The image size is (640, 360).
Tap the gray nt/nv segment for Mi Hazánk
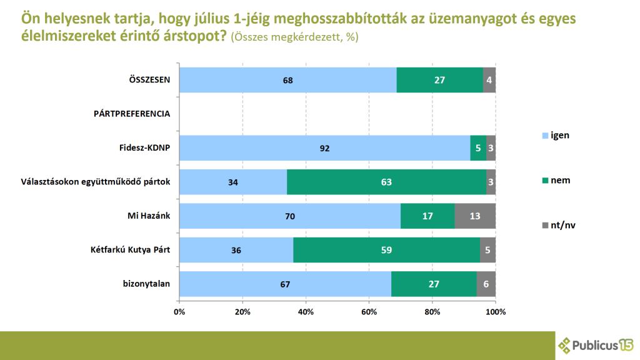475,216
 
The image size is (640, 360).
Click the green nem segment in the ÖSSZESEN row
439,80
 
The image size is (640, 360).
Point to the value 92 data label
324,148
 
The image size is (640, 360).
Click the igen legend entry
554,135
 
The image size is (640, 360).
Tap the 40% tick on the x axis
306,311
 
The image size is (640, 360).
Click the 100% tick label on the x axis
495,311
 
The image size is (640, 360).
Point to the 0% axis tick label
179,311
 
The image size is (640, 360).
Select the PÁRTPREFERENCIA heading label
132,114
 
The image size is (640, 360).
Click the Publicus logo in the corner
595,344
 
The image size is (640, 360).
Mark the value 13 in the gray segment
475,216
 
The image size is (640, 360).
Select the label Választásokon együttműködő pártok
92,182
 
